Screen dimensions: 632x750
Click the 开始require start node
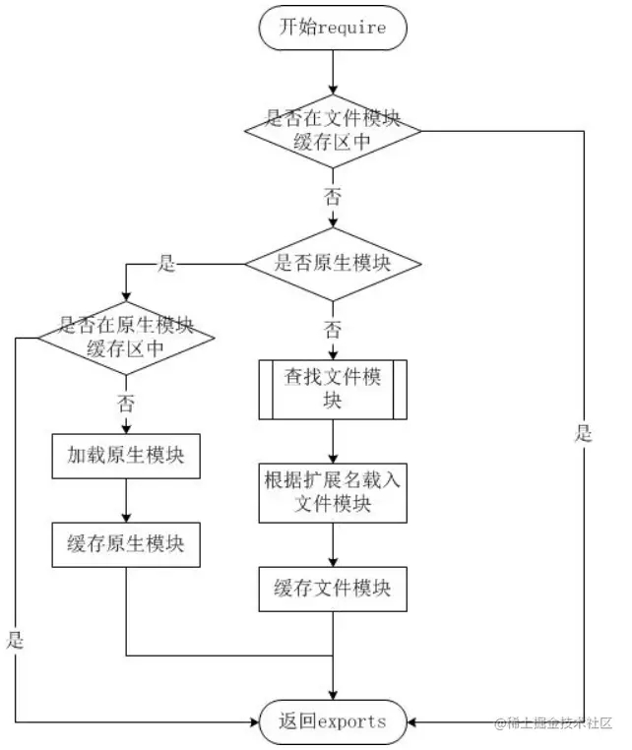[x=333, y=28]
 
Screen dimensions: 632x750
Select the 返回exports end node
[x=333, y=721]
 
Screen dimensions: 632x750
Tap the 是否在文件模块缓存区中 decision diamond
[x=333, y=131]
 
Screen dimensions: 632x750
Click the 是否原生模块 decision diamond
[x=333, y=264]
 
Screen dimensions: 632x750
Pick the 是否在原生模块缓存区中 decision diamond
[x=126, y=338]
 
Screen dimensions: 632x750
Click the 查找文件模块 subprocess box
[x=333, y=390]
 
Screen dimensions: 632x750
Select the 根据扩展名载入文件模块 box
[x=333, y=493]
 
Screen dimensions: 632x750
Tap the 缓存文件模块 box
[x=333, y=589]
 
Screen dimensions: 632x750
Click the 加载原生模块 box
[x=126, y=456]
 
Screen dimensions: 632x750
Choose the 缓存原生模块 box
[x=126, y=544]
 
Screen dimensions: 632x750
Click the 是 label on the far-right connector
[x=583, y=433]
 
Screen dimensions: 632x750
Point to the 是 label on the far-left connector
[x=15, y=640]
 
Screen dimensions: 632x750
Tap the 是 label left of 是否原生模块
[x=166, y=263]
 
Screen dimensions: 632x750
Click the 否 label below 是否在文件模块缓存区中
[x=333, y=197]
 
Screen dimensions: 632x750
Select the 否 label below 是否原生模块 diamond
[x=333, y=330]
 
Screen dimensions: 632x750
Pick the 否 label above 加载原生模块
[x=126, y=404]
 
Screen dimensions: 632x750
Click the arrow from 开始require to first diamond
[x=333, y=72]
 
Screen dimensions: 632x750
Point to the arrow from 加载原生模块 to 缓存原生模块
[x=126, y=500]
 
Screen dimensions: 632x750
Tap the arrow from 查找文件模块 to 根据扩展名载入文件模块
[x=333, y=441]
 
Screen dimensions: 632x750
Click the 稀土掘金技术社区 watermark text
[x=553, y=722]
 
